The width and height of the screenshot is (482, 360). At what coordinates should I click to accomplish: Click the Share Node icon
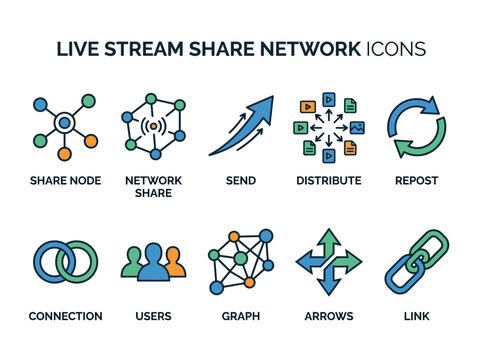pyautogui.click(x=64, y=127)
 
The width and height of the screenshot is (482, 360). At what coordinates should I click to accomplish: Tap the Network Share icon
pyautogui.click(x=153, y=127)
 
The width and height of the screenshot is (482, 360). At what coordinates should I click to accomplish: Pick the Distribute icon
pyautogui.click(x=328, y=127)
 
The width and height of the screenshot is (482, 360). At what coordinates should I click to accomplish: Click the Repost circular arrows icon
pyautogui.click(x=416, y=127)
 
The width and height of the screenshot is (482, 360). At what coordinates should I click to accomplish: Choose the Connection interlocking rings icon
pyautogui.click(x=64, y=262)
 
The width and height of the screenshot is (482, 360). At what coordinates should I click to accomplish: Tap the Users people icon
pyautogui.click(x=153, y=262)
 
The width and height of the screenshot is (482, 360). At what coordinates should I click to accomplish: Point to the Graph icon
pyautogui.click(x=240, y=262)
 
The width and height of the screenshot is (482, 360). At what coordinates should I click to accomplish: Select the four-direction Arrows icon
pyautogui.click(x=328, y=262)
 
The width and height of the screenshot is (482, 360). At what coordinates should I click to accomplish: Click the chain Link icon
pyautogui.click(x=416, y=262)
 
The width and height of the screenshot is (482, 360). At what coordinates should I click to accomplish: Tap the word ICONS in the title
pyautogui.click(x=396, y=49)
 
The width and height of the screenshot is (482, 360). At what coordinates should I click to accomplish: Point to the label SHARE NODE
pyautogui.click(x=64, y=181)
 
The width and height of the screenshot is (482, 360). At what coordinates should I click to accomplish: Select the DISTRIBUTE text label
pyautogui.click(x=328, y=181)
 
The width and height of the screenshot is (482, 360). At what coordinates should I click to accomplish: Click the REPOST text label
pyautogui.click(x=416, y=181)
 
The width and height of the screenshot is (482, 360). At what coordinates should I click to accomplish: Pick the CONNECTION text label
pyautogui.click(x=65, y=316)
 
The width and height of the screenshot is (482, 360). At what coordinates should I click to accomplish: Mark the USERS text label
pyautogui.click(x=153, y=316)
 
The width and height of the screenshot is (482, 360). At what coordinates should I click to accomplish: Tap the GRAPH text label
pyautogui.click(x=240, y=316)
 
